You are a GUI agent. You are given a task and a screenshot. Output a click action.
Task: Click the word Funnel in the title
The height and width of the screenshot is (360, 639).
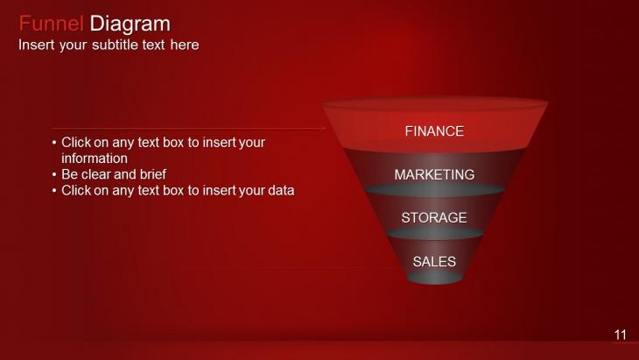52,24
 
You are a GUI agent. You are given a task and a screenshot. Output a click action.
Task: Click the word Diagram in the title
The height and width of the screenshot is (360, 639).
130,24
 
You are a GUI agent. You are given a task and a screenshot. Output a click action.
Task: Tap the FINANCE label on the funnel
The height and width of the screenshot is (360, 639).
434,131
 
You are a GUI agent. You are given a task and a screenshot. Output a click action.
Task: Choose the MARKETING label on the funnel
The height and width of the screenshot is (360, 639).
434,174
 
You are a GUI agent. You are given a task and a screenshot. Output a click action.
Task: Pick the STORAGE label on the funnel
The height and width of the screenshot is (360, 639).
434,218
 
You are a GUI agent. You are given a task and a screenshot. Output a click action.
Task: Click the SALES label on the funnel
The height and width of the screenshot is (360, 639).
434,261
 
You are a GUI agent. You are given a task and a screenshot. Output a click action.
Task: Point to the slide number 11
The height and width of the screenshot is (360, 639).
621,335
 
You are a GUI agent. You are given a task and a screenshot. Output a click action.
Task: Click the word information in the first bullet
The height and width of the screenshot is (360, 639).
95,159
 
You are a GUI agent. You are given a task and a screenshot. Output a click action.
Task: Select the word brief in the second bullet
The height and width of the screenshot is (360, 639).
153,174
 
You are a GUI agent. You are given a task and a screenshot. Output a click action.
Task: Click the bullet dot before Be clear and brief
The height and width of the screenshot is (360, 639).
54,175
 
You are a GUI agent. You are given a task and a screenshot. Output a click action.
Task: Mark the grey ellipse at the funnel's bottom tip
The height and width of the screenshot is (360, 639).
434,278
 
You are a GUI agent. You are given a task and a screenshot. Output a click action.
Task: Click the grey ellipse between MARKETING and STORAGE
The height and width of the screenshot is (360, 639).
434,190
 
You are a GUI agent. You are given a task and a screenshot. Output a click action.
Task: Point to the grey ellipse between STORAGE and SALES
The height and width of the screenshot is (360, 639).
434,233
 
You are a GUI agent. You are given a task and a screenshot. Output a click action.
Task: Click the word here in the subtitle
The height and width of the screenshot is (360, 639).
185,45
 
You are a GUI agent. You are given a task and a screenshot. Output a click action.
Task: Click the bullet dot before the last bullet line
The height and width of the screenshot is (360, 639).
54,191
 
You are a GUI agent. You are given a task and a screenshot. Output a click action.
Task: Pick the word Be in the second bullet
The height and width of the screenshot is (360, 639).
70,174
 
